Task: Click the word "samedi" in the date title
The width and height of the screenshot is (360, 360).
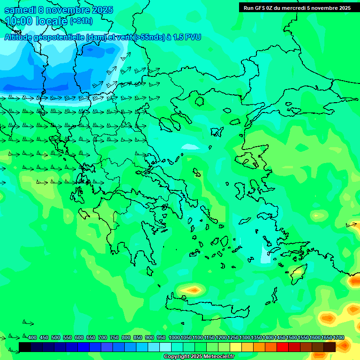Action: [x=20, y=10]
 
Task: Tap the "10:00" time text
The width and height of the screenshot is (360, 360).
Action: [x=18, y=21]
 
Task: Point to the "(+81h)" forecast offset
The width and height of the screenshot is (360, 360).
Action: [x=81, y=21]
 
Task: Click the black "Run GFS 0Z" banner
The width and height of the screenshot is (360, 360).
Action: [x=297, y=7]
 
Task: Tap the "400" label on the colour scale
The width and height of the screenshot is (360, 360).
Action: [x=32, y=338]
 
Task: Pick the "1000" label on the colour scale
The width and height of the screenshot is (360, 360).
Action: [x=174, y=338]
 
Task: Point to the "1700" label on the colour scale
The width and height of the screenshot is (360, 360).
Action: [x=338, y=338]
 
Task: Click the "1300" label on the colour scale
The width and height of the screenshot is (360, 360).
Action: [x=245, y=338]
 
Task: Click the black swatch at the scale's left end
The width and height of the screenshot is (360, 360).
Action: [x=25, y=347]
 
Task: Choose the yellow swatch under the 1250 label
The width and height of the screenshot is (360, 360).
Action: [x=236, y=347]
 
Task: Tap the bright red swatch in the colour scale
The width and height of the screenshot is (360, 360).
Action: [x=283, y=347]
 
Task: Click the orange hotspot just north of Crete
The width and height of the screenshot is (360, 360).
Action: [x=192, y=291]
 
